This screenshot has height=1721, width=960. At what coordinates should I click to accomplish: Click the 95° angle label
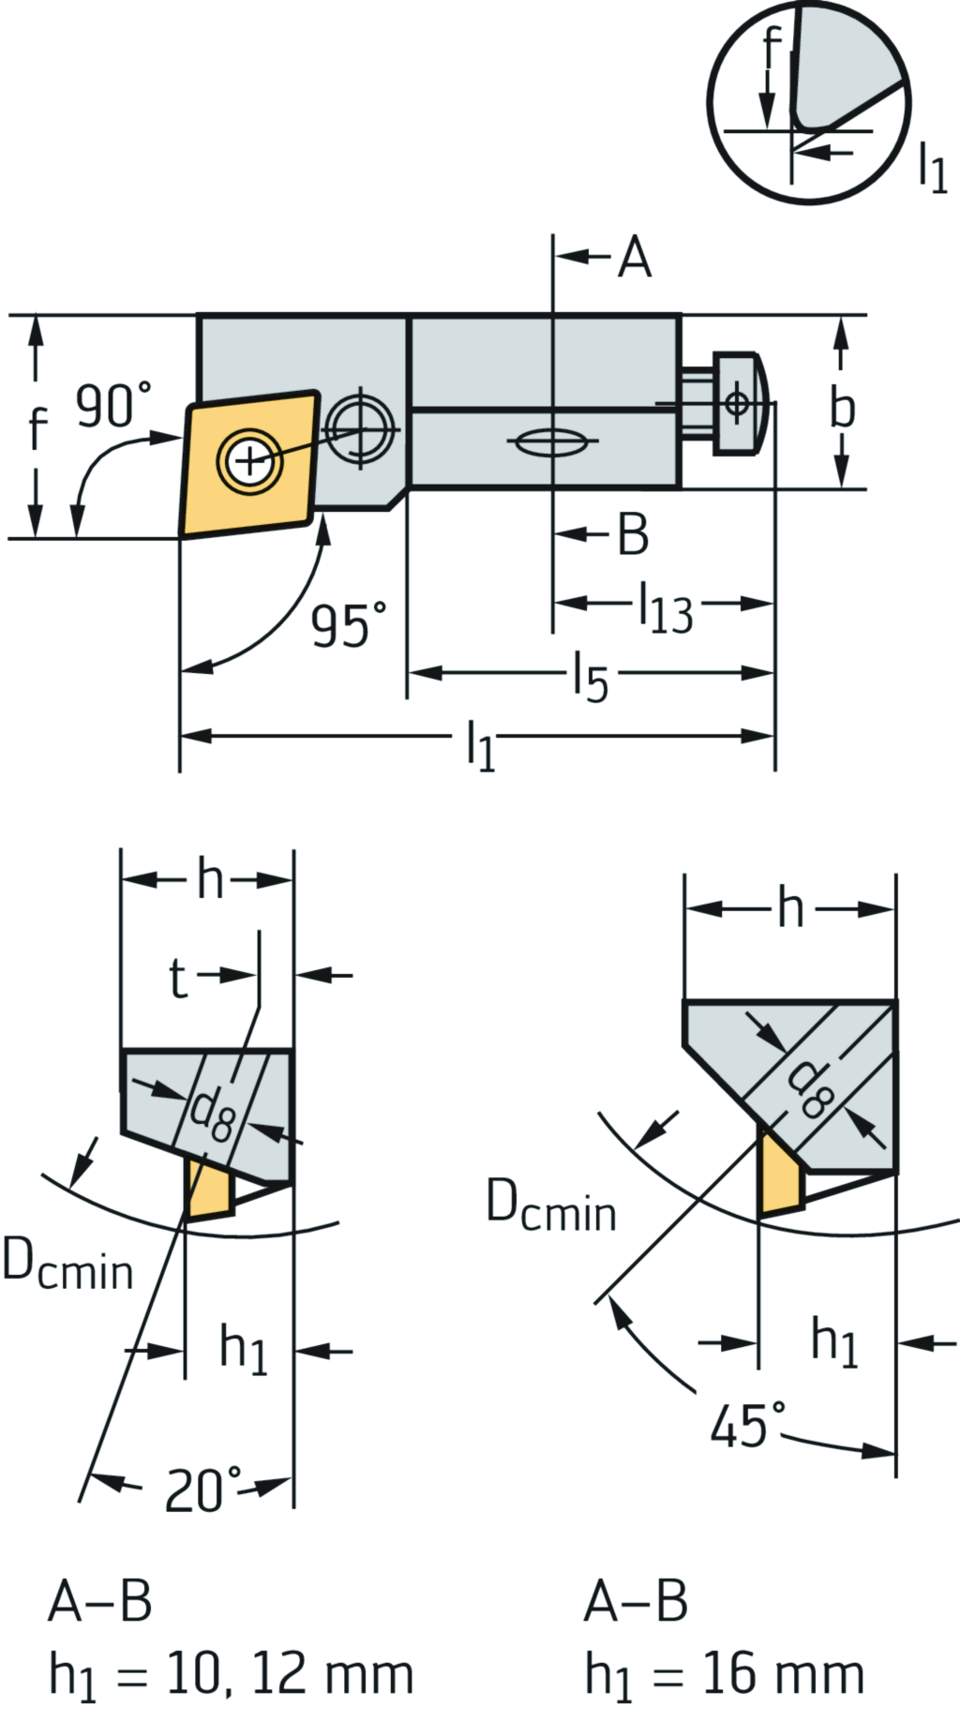(348, 625)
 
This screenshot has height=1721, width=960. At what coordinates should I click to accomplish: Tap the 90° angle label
(112, 406)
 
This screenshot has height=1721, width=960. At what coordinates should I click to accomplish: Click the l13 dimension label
(665, 608)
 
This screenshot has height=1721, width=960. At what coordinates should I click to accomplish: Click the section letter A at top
(635, 258)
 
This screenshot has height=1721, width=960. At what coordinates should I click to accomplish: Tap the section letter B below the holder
(633, 535)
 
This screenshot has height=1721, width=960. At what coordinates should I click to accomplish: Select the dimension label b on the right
(843, 408)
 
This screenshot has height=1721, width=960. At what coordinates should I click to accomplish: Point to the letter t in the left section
(178, 978)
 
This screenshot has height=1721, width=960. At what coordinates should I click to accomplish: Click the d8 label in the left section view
(211, 1115)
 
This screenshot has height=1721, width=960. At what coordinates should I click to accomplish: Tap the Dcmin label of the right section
(551, 1205)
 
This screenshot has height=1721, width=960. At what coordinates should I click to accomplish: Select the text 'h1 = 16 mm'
(724, 1674)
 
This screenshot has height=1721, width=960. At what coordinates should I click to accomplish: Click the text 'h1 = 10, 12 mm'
(231, 1674)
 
